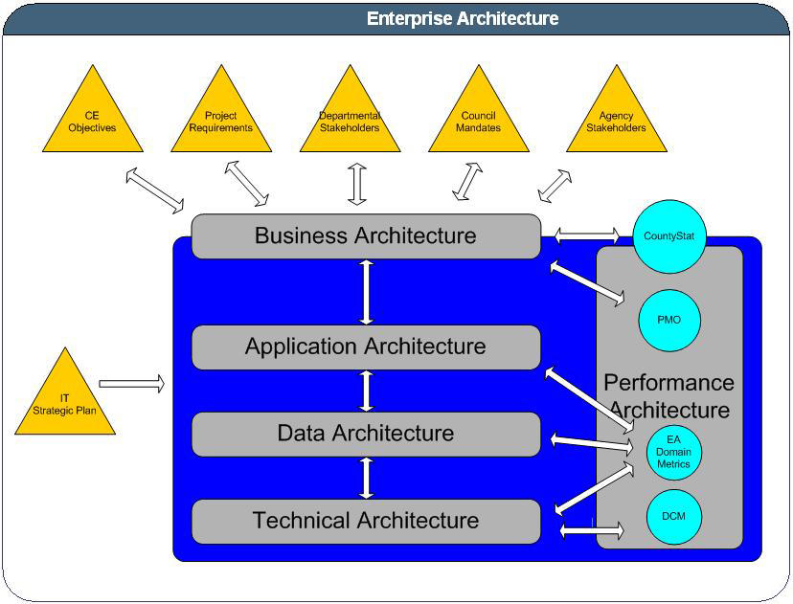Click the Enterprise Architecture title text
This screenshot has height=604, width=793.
463,18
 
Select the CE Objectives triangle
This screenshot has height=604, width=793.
92,121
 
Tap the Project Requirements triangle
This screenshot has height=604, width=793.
221,121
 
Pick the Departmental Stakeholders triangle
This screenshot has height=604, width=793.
350,121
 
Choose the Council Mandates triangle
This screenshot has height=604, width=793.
478,121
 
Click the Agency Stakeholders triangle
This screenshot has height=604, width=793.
616,121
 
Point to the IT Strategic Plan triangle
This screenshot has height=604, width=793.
65,403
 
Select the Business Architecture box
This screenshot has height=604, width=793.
365,235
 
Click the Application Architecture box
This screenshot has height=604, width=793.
365,347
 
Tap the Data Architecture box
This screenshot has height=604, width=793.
365,434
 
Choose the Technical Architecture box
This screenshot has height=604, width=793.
365,521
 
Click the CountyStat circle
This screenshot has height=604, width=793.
668,236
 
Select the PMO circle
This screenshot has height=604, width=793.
669,319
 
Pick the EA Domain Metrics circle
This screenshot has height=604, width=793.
673,452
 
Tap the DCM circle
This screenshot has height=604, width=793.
673,517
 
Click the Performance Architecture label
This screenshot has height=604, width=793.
668,396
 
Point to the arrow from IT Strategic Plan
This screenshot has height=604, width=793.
131,384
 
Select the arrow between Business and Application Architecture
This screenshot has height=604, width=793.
366,291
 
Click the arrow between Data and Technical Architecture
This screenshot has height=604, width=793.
366,478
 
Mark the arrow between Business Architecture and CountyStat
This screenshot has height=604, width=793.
586,234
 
